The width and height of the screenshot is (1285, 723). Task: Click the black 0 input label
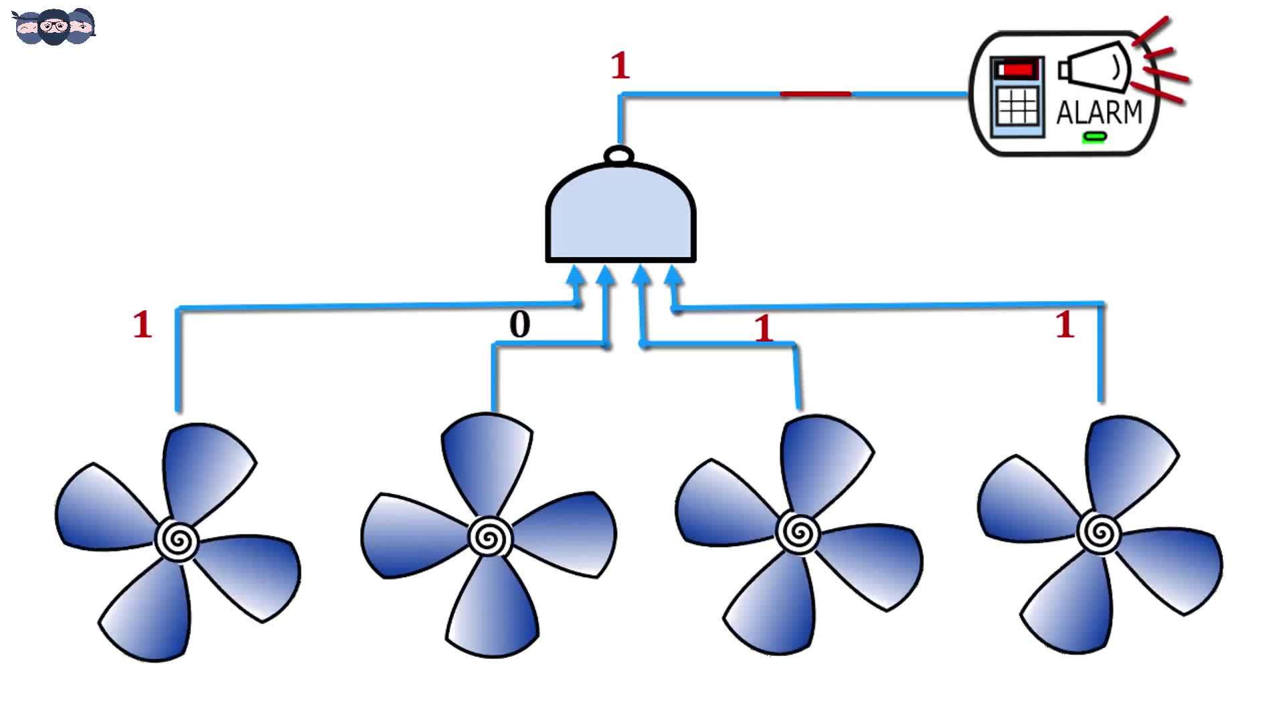tap(520, 325)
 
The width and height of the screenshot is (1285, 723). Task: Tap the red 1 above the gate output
tap(620, 66)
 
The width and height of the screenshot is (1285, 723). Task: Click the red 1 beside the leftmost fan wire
tap(143, 325)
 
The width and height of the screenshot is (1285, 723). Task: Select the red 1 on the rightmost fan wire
tap(1065, 325)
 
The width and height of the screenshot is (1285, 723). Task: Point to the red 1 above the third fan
tap(764, 328)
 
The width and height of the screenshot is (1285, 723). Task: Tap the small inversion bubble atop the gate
tap(619, 156)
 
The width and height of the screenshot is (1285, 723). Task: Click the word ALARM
tap(1099, 112)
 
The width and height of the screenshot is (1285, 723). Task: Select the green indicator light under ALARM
tap(1095, 137)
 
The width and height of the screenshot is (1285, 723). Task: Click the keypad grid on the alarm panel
tap(1018, 106)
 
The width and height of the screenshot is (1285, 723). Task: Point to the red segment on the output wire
tap(815, 94)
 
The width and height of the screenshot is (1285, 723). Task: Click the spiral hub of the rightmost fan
tap(1099, 532)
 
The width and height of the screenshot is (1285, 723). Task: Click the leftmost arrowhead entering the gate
tap(576, 275)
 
